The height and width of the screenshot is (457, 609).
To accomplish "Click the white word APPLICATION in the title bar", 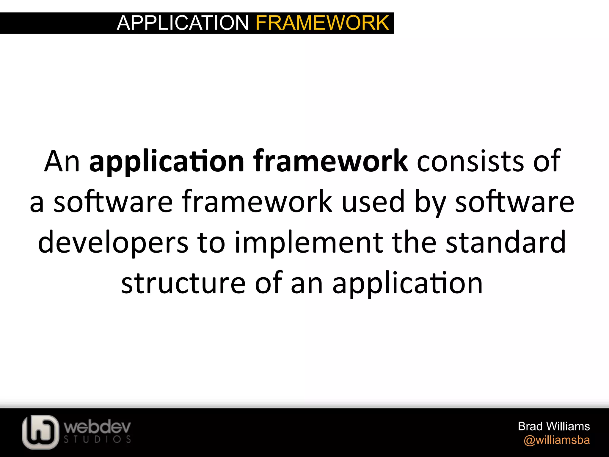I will point(183,23).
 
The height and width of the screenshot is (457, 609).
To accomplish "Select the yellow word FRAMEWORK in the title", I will point(322,23).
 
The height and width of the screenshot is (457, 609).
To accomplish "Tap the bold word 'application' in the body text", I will point(167,162).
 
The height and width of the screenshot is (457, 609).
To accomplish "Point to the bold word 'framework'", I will point(330,162).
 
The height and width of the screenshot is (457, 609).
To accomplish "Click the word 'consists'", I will point(470,162).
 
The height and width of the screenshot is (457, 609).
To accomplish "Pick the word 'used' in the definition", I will point(373,202).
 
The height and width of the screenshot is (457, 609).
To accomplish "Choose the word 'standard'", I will point(506,242).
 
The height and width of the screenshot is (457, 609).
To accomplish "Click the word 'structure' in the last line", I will point(183,283).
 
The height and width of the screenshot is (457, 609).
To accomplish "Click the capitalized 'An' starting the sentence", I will point(62,162).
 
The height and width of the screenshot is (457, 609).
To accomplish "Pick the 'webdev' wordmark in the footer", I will point(97,427).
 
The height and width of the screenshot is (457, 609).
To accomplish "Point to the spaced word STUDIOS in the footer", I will point(97,439).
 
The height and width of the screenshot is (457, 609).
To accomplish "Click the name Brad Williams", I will point(554,426).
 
